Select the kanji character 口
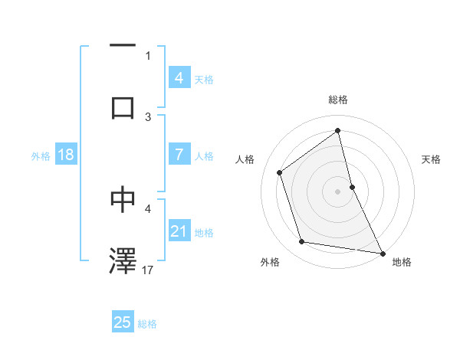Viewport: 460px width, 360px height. pyautogui.click(x=123, y=107)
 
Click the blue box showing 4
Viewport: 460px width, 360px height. pyautogui.click(x=179, y=78)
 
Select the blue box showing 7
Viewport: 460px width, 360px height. pyautogui.click(x=179, y=155)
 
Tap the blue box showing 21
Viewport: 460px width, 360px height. pyautogui.click(x=179, y=231)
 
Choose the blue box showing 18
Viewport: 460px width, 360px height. pyautogui.click(x=66, y=155)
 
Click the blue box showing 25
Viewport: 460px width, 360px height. pyautogui.click(x=123, y=322)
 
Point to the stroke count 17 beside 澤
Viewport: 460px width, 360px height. pyautogui.click(x=149, y=270)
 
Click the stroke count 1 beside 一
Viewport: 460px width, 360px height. pyautogui.click(x=148, y=55)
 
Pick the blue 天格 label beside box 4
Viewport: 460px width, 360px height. pyautogui.click(x=204, y=80)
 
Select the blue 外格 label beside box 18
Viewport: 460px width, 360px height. pyautogui.click(x=41, y=156)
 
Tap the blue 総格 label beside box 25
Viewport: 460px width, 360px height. pyautogui.click(x=147, y=324)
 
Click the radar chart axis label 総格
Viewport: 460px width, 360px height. pyautogui.click(x=338, y=100)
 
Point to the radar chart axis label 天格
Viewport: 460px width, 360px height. pyautogui.click(x=432, y=159)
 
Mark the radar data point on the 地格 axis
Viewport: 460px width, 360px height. pyautogui.click(x=382, y=252)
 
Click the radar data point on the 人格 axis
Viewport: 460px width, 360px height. pyautogui.click(x=280, y=172)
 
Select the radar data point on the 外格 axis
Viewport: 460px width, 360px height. pyautogui.click(x=302, y=242)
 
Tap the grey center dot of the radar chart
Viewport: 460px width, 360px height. pyautogui.click(x=338, y=191)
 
